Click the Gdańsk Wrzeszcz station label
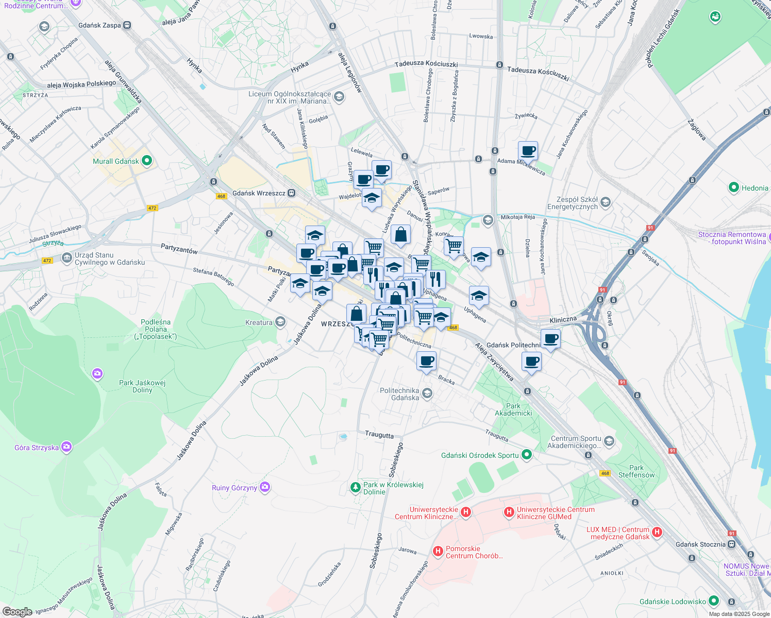pyautogui.click(x=259, y=193)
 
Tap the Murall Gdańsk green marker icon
pyautogui.click(x=147, y=161)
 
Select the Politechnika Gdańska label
pyautogui.click(x=399, y=394)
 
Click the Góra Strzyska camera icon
pyautogui.click(x=66, y=447)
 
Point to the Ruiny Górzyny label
pyautogui.click(x=234, y=488)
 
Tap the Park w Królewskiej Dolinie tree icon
pyautogui.click(x=355, y=487)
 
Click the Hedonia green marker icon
pyautogui.click(x=734, y=188)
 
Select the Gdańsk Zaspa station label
pyautogui.click(x=99, y=25)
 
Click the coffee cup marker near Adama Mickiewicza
pyautogui.click(x=528, y=151)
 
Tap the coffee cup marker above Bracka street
pyautogui.click(x=426, y=361)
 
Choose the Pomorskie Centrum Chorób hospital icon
pyautogui.click(x=438, y=552)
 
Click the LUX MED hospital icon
pyautogui.click(x=657, y=533)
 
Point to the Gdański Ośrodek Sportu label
pyautogui.click(x=480, y=455)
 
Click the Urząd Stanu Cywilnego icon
pyautogui.click(x=66, y=258)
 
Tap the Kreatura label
pyautogui.click(x=259, y=322)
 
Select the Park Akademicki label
pyautogui.click(x=513, y=409)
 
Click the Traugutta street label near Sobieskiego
pyautogui.click(x=379, y=435)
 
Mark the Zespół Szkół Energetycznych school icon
pyautogui.click(x=606, y=202)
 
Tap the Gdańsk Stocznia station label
pyautogui.click(x=700, y=544)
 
